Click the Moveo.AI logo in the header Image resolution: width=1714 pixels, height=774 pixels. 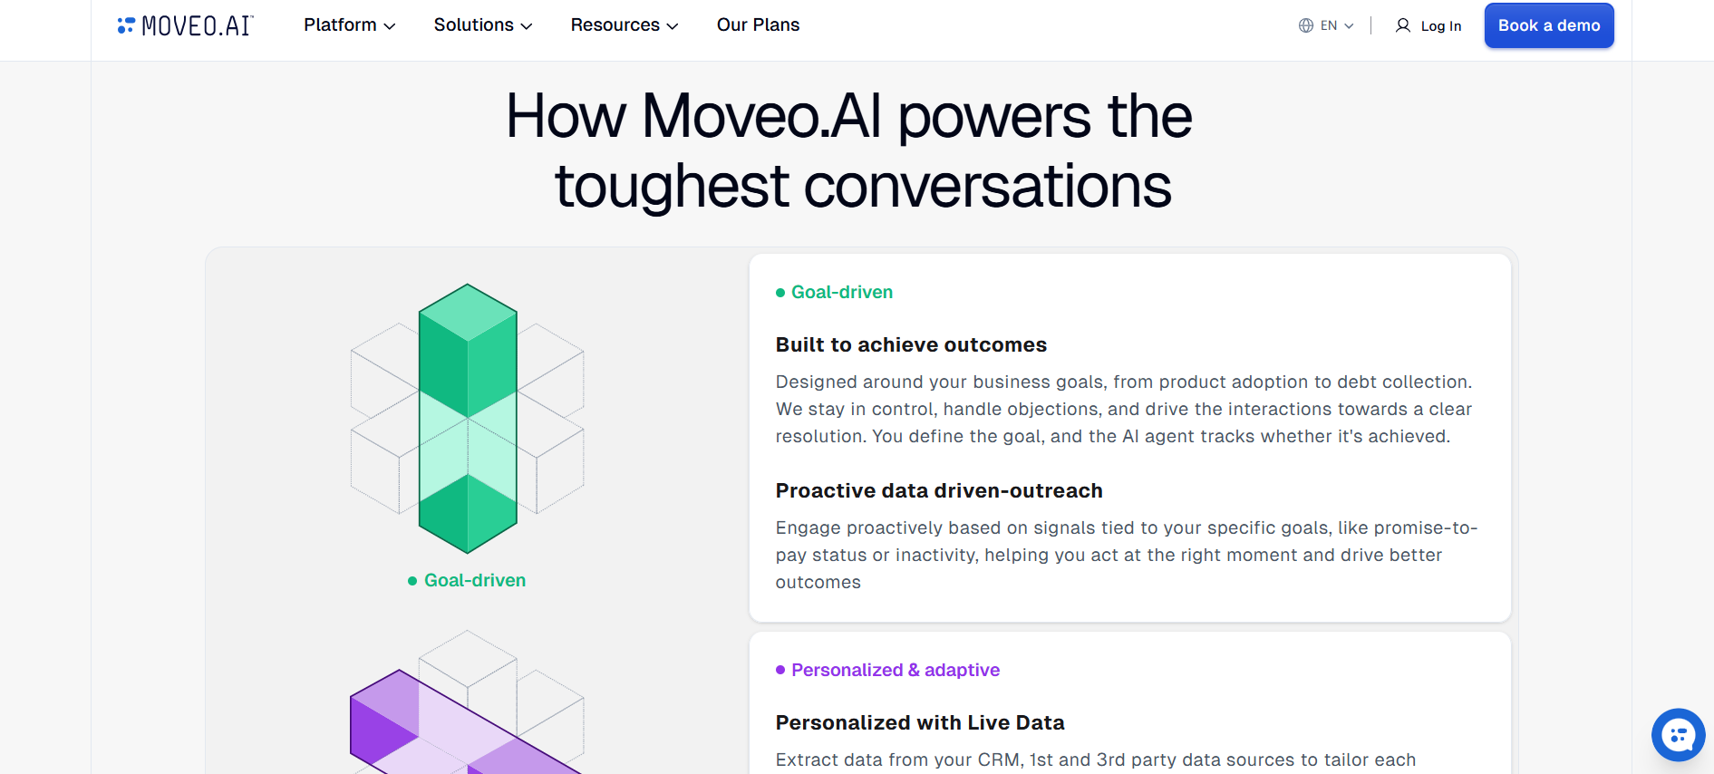[x=185, y=25]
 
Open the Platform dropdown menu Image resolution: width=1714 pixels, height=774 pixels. [x=350, y=25]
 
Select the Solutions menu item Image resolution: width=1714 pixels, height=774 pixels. [x=483, y=25]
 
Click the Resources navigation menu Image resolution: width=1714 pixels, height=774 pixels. [x=625, y=25]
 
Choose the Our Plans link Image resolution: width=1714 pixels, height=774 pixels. [x=758, y=25]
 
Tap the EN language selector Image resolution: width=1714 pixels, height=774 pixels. [x=1326, y=25]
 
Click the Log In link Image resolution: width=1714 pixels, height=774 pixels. [x=1440, y=26]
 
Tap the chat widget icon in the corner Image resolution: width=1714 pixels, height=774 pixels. [x=1678, y=734]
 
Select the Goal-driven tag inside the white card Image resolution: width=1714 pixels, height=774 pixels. [x=834, y=292]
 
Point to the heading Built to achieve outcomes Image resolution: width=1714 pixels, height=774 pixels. [x=911, y=344]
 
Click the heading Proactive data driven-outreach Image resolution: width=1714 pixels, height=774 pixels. [x=939, y=490]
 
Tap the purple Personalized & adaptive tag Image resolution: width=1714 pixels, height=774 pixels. [x=887, y=670]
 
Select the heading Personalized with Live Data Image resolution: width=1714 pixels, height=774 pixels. [x=920, y=722]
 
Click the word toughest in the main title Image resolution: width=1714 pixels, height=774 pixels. [x=672, y=187]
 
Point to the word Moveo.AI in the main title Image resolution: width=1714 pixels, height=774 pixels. [x=761, y=117]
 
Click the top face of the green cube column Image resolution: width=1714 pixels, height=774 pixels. [x=468, y=313]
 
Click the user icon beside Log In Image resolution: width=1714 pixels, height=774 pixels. [x=1403, y=25]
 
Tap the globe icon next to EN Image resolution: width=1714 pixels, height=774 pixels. [x=1306, y=25]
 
